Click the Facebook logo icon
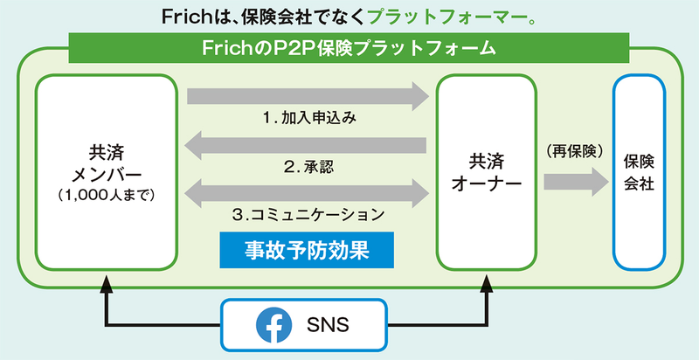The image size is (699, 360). tap(274, 326)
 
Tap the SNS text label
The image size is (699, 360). tap(328, 326)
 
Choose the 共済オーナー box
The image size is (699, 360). tap(485, 172)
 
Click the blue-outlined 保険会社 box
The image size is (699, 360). tap(640, 172)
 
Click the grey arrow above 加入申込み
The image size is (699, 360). tap(307, 95)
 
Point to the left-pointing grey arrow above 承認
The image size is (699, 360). tap(307, 142)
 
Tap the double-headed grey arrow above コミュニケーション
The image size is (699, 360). tap(307, 189)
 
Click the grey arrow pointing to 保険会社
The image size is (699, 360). tap(575, 182)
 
